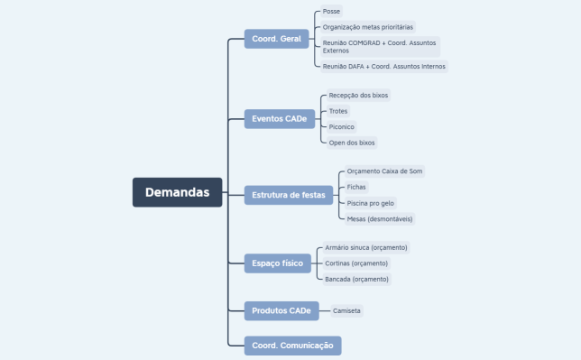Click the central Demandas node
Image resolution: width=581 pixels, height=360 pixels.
177,192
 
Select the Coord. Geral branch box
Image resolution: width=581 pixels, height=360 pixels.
276,39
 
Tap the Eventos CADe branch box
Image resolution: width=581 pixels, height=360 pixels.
280,118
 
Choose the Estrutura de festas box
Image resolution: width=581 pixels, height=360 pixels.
289,194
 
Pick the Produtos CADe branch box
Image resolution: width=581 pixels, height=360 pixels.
281,310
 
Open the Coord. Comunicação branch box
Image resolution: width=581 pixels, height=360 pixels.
292,345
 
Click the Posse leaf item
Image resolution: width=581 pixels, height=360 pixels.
331,13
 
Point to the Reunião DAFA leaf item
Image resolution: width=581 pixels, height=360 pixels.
383,66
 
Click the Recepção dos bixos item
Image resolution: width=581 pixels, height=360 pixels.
358,95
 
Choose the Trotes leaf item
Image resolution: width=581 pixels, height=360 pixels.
338,111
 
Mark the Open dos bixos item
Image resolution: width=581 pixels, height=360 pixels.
352,143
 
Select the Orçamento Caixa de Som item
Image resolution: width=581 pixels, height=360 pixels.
384,171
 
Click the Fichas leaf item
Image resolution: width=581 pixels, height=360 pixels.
357,187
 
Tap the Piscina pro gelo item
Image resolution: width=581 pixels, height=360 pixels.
371,203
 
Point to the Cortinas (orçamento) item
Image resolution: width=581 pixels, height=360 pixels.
356,263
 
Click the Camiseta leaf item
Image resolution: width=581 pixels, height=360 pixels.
346,310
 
